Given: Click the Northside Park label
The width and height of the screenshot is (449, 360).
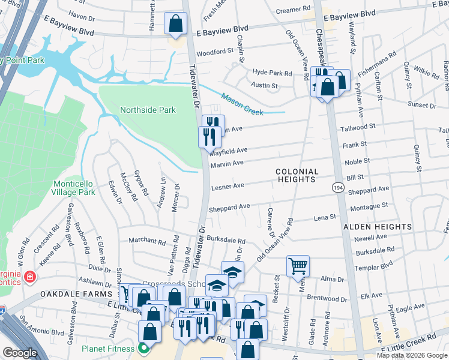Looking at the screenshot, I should click(148, 110).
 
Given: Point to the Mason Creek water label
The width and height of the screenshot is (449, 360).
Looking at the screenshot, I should click(243, 101).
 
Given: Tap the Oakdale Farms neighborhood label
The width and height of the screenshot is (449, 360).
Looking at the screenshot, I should click(76, 294).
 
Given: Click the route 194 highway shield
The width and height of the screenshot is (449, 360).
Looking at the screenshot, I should click(338, 188).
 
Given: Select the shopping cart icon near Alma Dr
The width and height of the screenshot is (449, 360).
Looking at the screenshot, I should click(298, 266).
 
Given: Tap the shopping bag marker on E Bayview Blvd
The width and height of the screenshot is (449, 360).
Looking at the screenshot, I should click(175, 25).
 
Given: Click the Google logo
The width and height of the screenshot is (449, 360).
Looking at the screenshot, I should click(20, 353).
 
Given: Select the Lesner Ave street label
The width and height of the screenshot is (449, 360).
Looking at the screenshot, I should click(228, 186).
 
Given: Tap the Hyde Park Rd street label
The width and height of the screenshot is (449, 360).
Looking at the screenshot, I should click(271, 73).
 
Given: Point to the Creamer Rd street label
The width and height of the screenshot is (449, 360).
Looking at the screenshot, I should click(293, 11).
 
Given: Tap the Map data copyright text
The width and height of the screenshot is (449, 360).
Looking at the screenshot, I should click(411, 355).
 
